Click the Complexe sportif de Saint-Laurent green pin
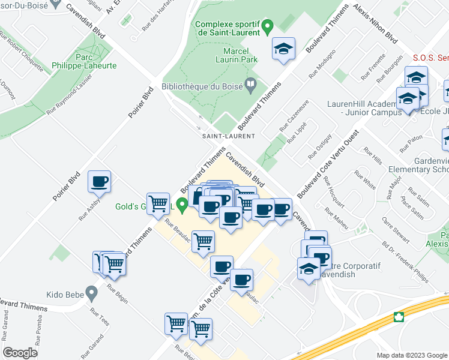coord(268,26)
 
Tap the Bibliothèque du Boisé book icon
coord(250,85)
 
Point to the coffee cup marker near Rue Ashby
coord(100,181)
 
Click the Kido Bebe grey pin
coord(91,294)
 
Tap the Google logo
coord(20,353)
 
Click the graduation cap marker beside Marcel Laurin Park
coord(283,49)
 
